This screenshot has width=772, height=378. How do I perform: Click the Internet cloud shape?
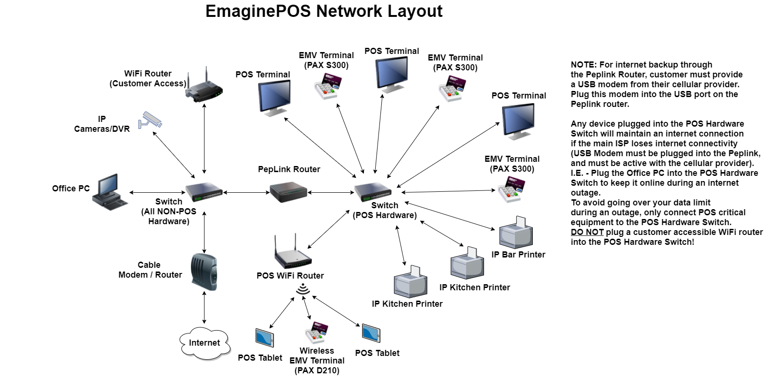(x=204, y=343)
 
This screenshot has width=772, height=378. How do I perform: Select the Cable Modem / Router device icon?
(x=204, y=272)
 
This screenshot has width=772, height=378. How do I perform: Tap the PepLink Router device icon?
(x=288, y=192)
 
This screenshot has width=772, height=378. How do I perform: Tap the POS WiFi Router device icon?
(x=293, y=254)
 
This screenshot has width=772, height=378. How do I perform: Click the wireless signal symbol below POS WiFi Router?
(x=303, y=289)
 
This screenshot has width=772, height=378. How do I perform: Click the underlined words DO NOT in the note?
(x=587, y=232)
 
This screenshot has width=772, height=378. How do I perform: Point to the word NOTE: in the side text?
(x=583, y=65)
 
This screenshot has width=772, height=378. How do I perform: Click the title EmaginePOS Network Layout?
(x=324, y=11)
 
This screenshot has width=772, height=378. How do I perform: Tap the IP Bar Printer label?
(x=518, y=255)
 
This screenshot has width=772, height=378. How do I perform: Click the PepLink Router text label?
(x=289, y=169)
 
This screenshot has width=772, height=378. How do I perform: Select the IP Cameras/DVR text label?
(x=102, y=124)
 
